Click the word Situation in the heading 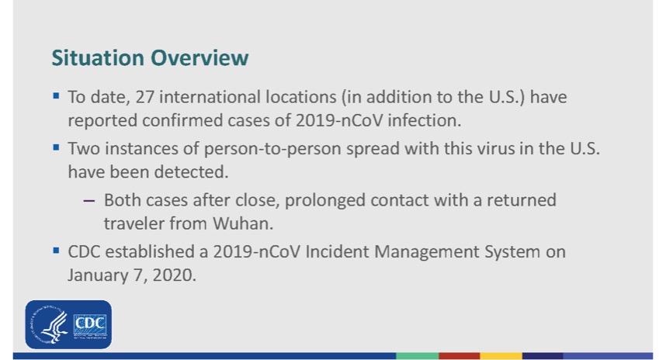(98, 57)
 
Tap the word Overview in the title (199, 57)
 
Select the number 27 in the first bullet (145, 97)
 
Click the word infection (425, 120)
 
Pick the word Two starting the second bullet (84, 149)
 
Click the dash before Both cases (89, 200)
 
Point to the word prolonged (325, 201)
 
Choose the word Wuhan (243, 223)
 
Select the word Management (427, 252)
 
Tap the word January (98, 275)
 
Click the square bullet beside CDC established (56, 251)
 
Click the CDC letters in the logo (90, 323)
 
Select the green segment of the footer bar (417, 356)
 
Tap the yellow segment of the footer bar (501, 356)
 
